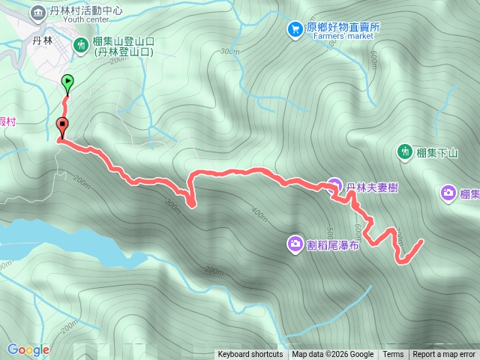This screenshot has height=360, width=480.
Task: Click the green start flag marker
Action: tap(67, 82)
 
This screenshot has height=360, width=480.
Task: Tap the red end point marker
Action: tap(61, 126)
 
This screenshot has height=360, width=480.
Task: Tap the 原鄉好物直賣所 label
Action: tap(343, 26)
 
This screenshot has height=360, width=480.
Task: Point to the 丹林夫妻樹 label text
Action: tap(372, 187)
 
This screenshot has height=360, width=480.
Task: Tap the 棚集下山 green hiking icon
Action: tap(405, 152)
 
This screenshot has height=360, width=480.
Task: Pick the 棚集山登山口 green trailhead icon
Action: tap(81, 46)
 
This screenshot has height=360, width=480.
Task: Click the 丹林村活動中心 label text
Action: tap(85, 10)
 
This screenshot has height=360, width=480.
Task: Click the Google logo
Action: tap(28, 349)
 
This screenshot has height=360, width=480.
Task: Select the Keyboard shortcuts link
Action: tap(250, 355)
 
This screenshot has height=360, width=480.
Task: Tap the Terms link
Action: tap(393, 355)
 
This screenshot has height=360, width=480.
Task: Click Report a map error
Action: tap(444, 355)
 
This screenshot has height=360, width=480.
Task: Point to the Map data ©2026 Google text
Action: tap(333, 355)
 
